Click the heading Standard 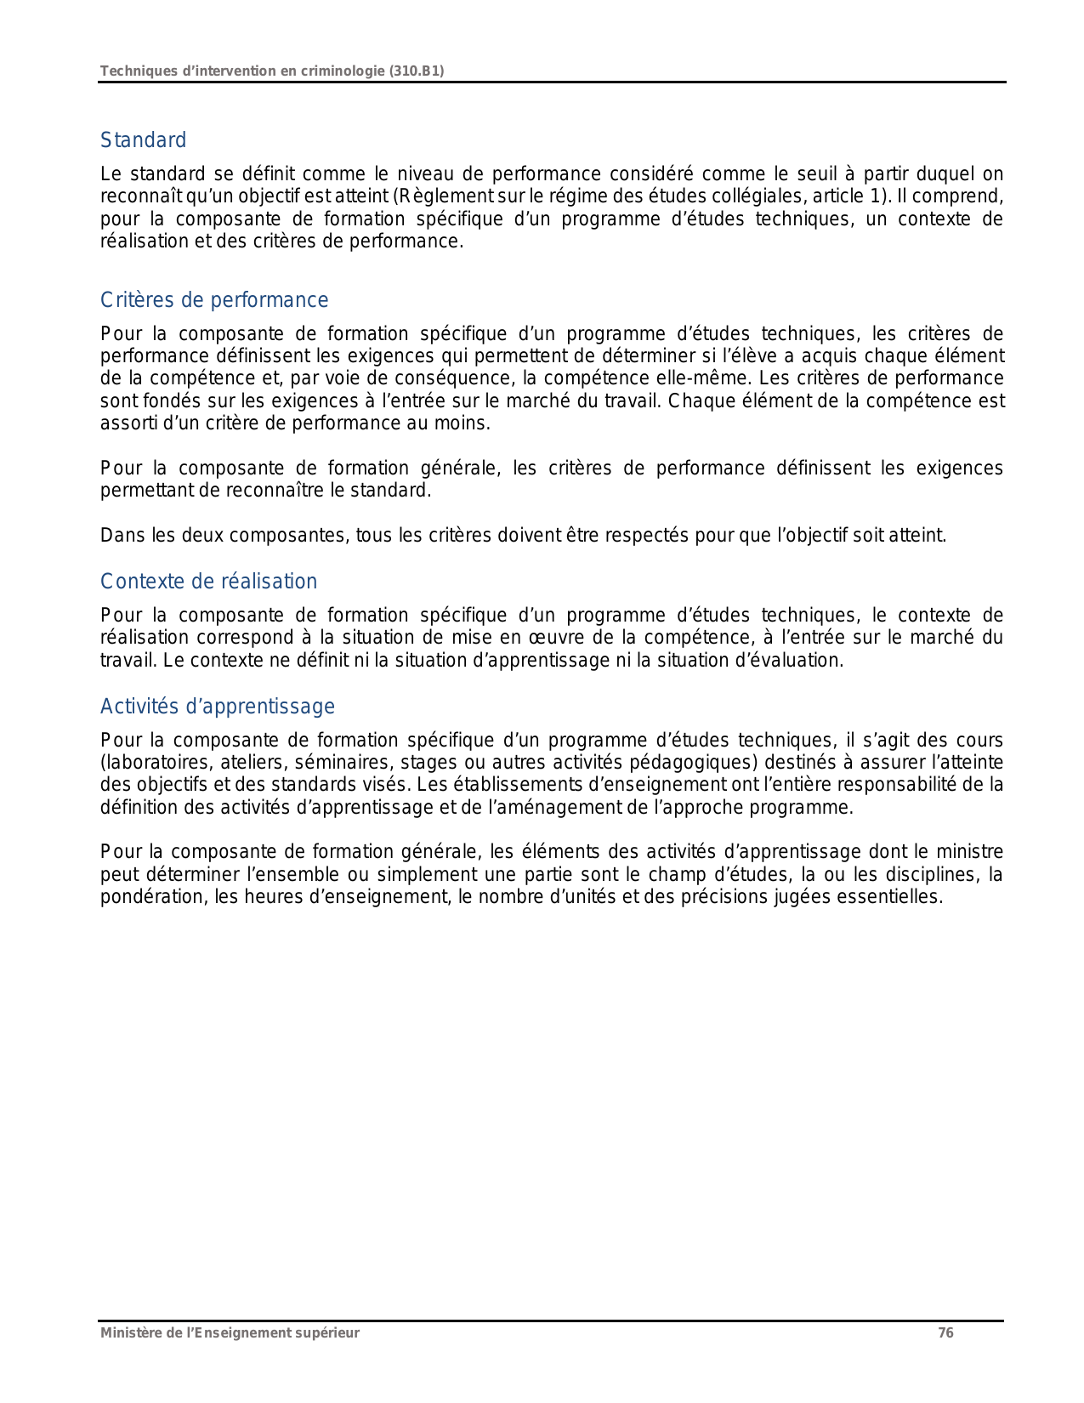click(143, 140)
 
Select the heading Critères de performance click(213, 300)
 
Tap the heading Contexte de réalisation click(208, 582)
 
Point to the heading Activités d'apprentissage click(217, 707)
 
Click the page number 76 click(945, 1333)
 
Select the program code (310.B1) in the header click(416, 71)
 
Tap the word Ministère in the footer click(128, 1333)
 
